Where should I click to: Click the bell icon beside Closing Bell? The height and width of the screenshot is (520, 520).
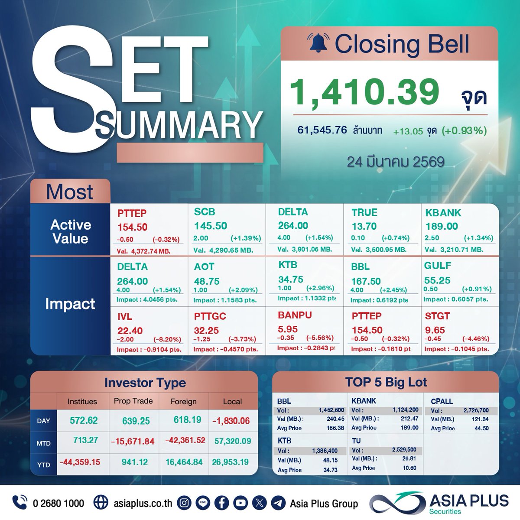pyautogui.click(x=318, y=43)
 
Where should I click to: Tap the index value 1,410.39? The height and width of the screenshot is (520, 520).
pyautogui.click(x=364, y=92)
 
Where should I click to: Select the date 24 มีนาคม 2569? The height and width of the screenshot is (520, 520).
pyautogui.click(x=395, y=162)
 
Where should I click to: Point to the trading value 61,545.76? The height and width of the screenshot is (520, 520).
pyautogui.click(x=322, y=130)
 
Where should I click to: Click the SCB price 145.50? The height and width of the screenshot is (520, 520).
pyautogui.click(x=211, y=226)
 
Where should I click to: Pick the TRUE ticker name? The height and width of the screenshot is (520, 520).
pyautogui.click(x=364, y=212)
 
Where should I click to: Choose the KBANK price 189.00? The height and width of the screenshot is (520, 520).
pyautogui.click(x=442, y=226)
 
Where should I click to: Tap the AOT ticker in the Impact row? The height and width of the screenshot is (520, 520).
pyautogui.click(x=204, y=267)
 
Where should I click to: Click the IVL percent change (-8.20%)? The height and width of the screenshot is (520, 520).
pyautogui.click(x=167, y=339)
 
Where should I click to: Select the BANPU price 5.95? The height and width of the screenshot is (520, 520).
pyautogui.click(x=288, y=329)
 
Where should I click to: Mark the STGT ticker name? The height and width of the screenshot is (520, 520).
pyautogui.click(x=437, y=316)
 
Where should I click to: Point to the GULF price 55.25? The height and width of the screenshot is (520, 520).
pyautogui.click(x=437, y=280)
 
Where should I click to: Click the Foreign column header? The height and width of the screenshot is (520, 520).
pyautogui.click(x=183, y=402)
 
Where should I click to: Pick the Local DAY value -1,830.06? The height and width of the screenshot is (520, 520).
pyautogui.click(x=231, y=421)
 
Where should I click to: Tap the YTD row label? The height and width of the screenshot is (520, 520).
pyautogui.click(x=43, y=465)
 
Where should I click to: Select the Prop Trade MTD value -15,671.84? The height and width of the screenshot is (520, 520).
pyautogui.click(x=133, y=442)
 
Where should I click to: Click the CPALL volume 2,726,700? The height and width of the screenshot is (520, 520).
pyautogui.click(x=476, y=410)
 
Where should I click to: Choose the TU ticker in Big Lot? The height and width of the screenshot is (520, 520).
pyautogui.click(x=356, y=441)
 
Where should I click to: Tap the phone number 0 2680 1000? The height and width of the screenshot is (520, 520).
pyautogui.click(x=58, y=503)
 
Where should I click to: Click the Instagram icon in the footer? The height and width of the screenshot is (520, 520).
pyautogui.click(x=184, y=503)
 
